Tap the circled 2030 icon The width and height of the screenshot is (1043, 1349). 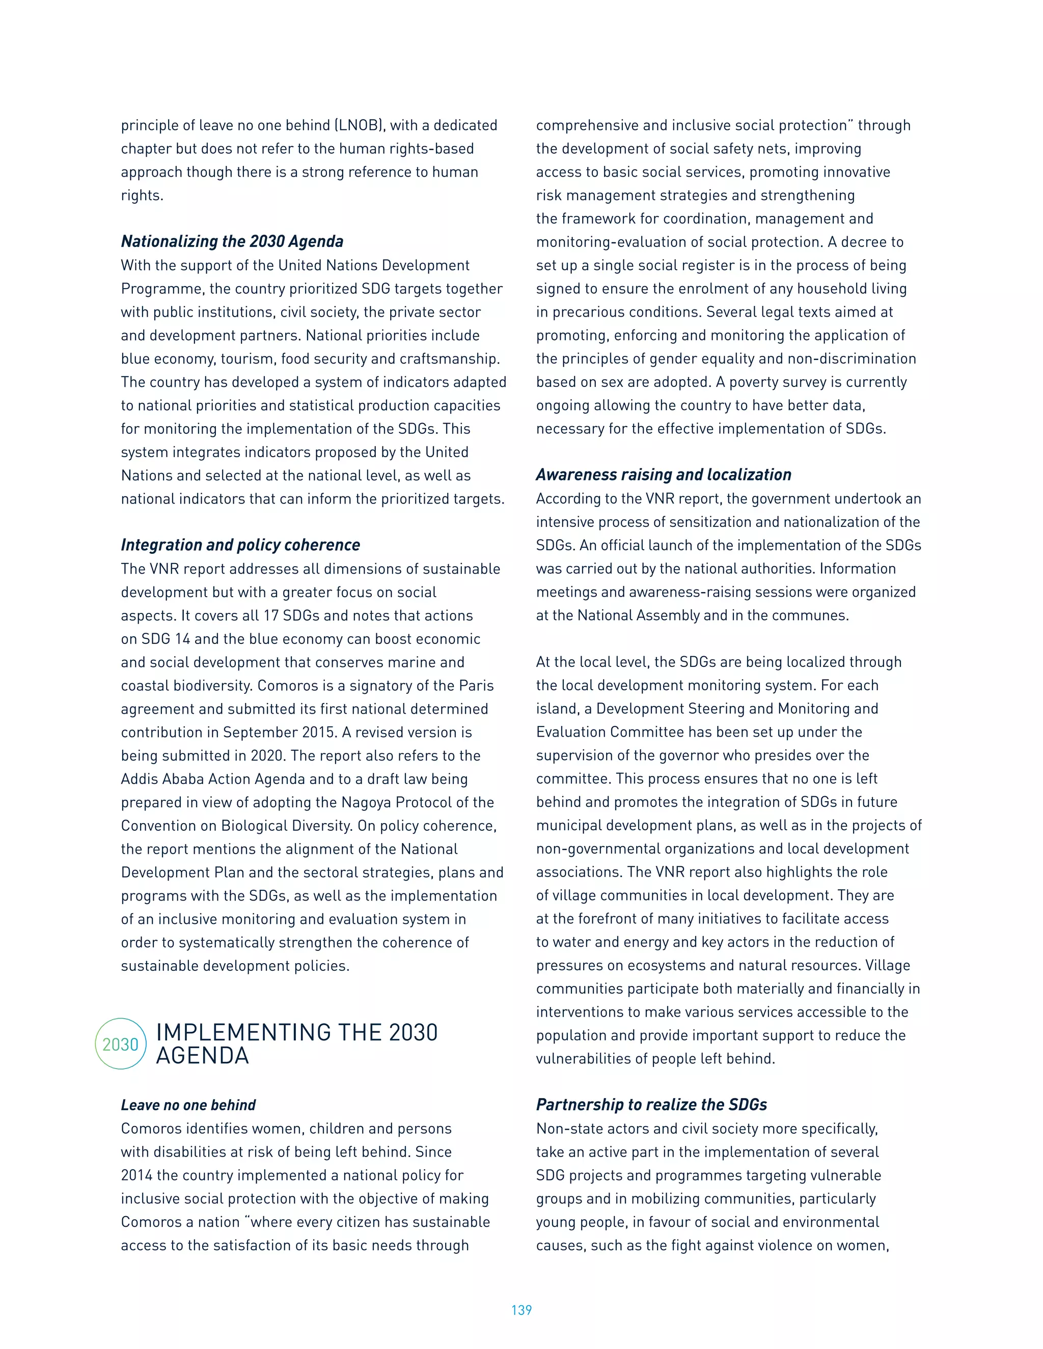(x=121, y=1044)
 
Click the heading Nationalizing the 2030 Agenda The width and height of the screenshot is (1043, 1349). (x=232, y=241)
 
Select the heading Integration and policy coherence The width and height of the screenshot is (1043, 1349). (x=240, y=545)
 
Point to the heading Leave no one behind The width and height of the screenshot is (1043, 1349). (x=188, y=1105)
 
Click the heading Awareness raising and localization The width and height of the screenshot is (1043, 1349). (x=663, y=474)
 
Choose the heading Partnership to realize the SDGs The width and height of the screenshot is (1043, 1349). (x=651, y=1105)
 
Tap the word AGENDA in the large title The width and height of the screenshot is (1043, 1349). (x=202, y=1056)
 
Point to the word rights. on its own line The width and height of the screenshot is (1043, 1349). (x=142, y=196)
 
